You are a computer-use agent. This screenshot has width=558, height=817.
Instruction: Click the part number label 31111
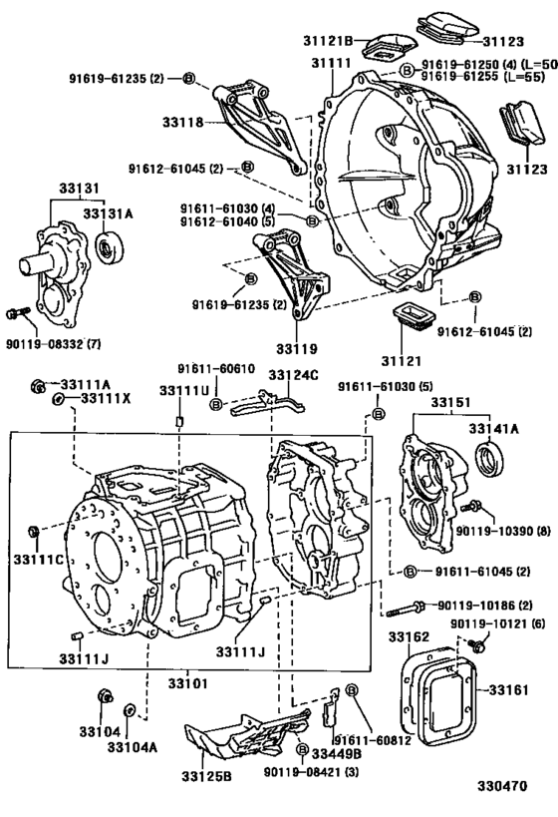334,63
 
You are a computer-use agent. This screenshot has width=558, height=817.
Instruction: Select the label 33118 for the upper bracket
183,123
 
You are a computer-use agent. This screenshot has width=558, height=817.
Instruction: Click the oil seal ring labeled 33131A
105,245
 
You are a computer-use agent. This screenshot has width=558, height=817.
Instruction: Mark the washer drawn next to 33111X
60,399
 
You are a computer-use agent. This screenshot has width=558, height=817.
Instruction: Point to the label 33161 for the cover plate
508,689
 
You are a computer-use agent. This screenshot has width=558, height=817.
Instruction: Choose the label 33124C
292,374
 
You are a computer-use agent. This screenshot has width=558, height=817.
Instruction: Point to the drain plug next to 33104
104,695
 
